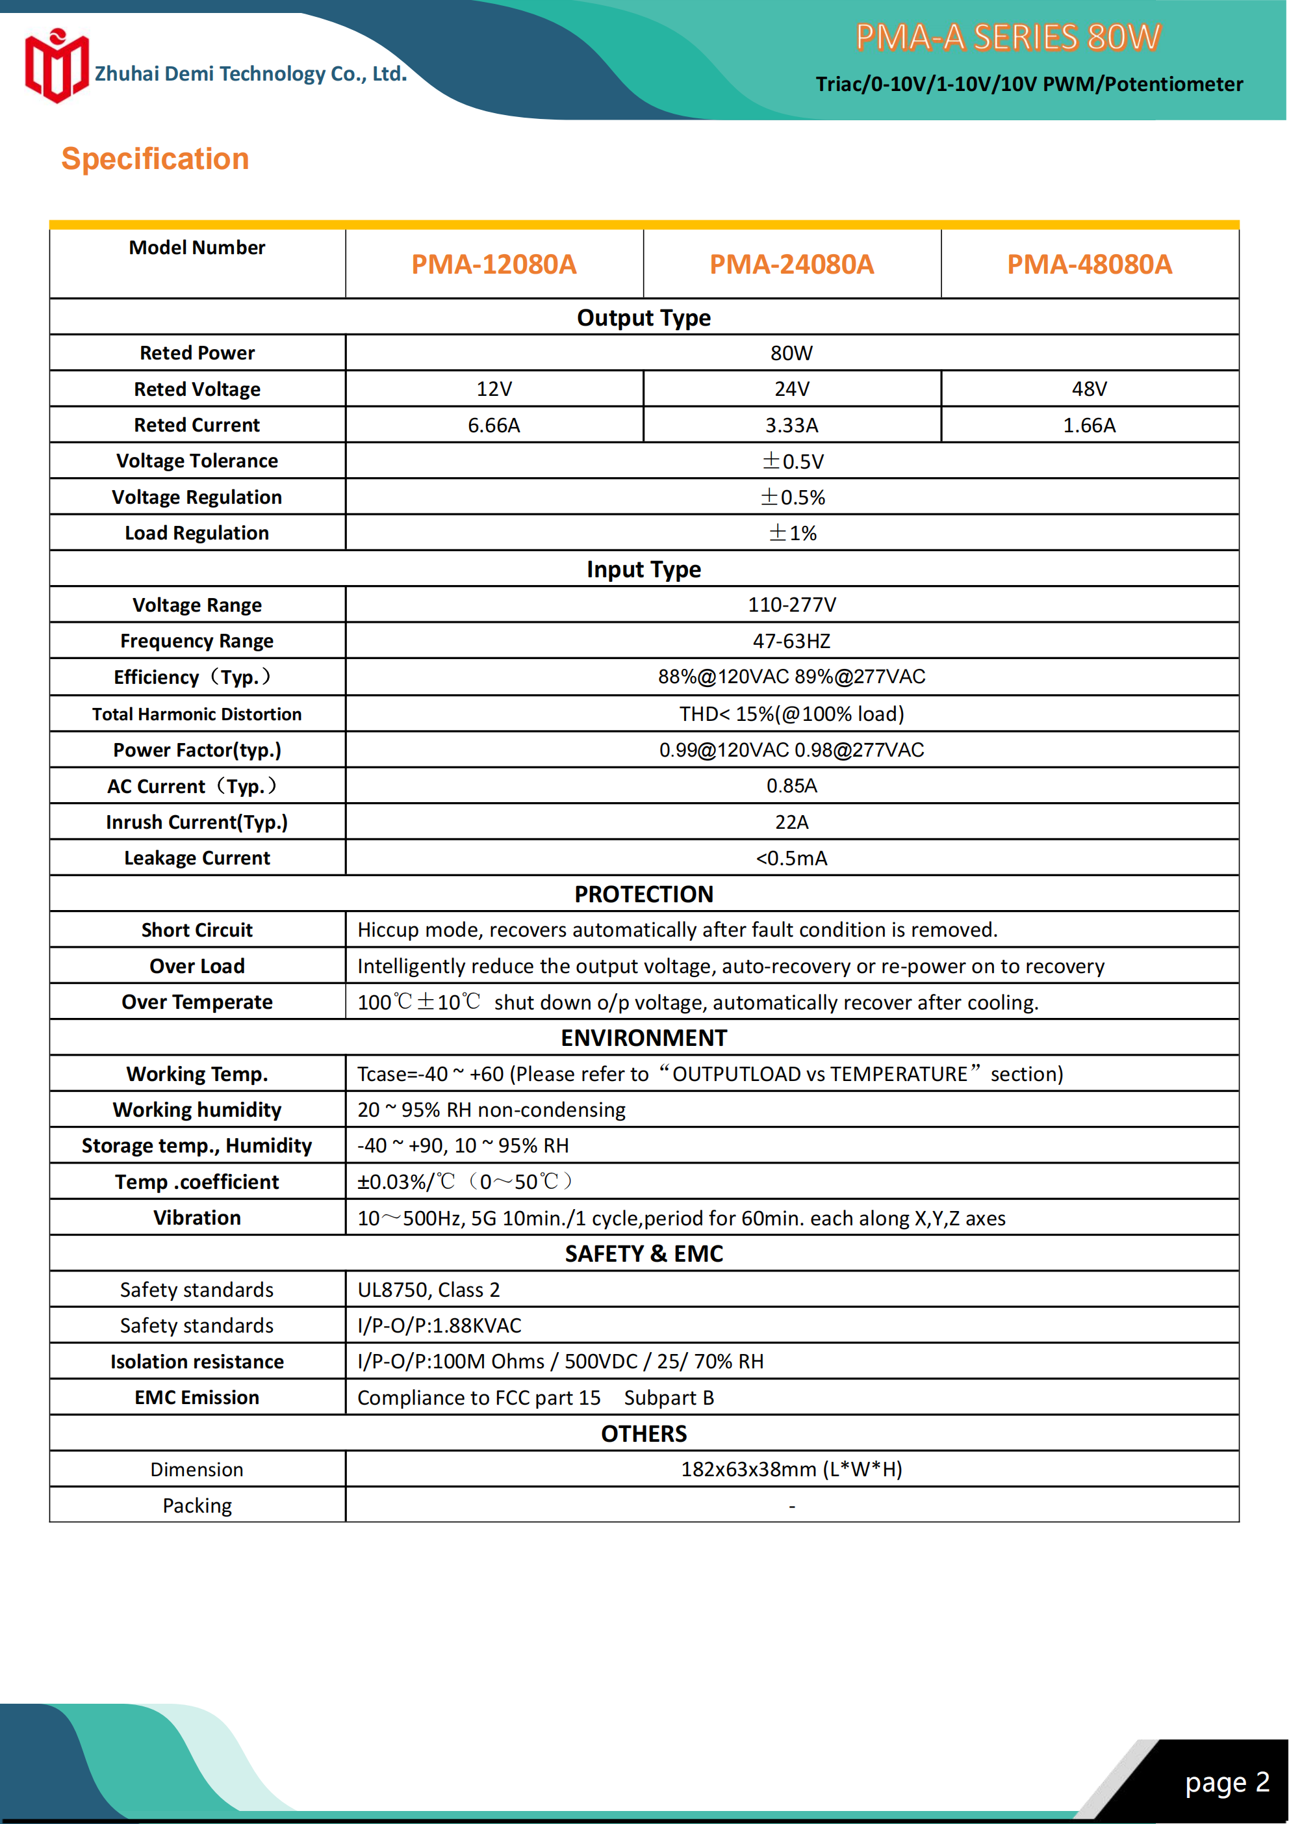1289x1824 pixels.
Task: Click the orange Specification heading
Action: [x=155, y=159]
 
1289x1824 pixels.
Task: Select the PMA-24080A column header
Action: [x=791, y=265]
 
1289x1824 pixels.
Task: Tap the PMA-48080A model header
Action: [x=1089, y=265]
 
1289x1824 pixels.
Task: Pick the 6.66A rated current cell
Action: [x=493, y=426]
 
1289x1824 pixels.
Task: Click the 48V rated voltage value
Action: [x=1089, y=389]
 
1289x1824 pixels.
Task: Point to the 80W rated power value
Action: [x=791, y=354]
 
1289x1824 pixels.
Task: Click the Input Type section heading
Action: [x=643, y=569]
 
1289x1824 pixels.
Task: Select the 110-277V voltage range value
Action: [x=791, y=605]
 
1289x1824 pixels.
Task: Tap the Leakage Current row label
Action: [x=197, y=858]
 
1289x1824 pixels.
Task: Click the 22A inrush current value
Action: [x=791, y=822]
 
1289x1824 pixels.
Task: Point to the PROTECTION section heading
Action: [x=643, y=894]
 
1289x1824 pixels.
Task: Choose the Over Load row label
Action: [x=197, y=966]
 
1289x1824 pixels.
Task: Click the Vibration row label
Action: [x=197, y=1218]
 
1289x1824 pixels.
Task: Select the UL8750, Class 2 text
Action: [x=429, y=1290]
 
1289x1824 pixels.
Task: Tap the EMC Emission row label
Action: [x=197, y=1398]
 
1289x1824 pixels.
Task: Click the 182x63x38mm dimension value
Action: [x=791, y=1470]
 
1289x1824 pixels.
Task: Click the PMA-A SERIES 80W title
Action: [x=1008, y=37]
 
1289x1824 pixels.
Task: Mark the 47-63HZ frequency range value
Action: [x=791, y=641]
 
